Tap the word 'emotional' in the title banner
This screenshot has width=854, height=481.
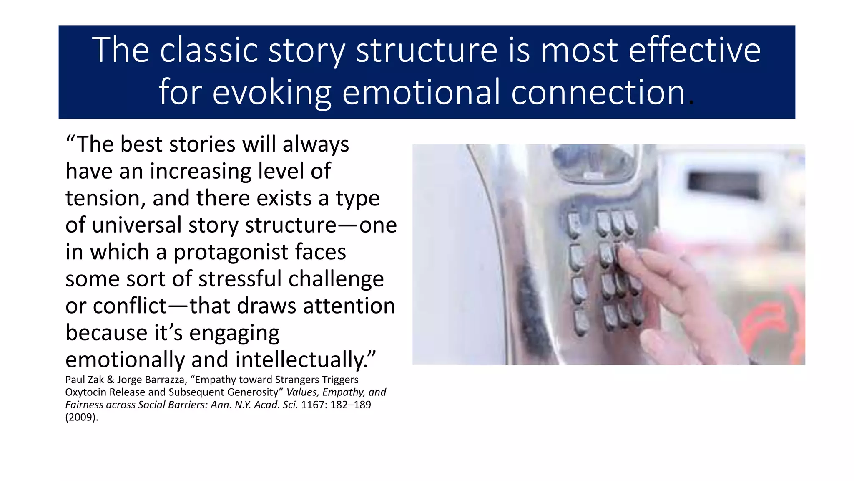(421, 92)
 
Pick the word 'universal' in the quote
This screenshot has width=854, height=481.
(136, 225)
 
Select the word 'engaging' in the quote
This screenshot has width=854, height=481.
(234, 333)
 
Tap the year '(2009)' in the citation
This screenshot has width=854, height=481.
(82, 417)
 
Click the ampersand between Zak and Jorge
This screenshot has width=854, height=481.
(111, 380)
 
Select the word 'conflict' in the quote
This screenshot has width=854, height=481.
(130, 306)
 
